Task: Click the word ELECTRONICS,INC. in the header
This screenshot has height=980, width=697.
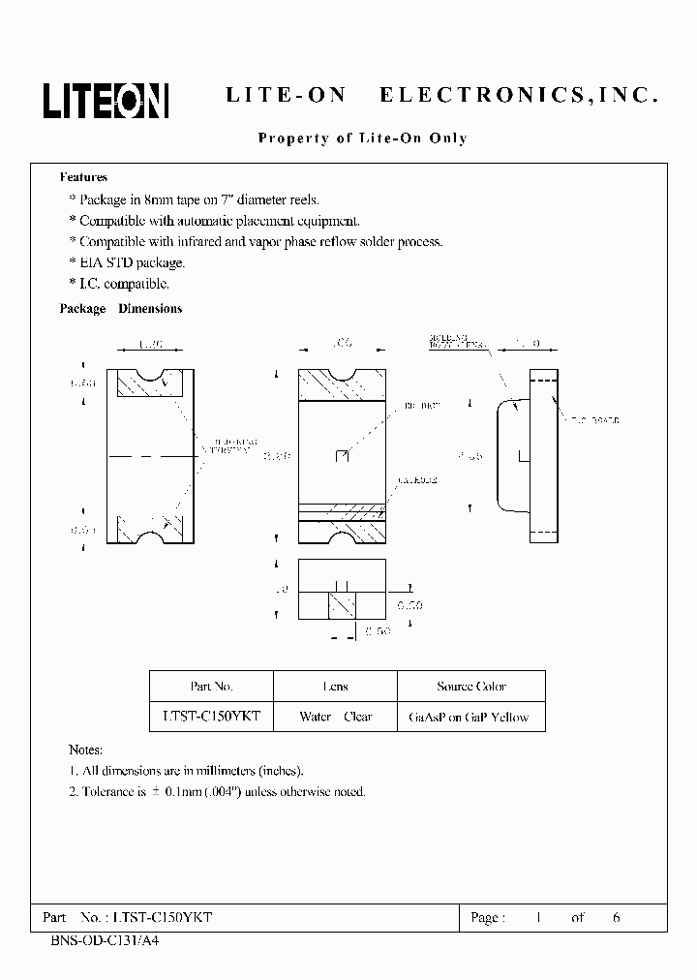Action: [519, 96]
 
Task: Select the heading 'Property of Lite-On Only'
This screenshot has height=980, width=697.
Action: [362, 138]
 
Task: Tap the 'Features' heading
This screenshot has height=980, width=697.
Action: [83, 177]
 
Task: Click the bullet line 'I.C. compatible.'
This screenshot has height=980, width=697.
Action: [122, 284]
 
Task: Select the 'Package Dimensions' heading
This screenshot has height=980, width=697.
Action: [121, 309]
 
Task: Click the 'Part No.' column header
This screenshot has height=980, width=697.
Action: [211, 687]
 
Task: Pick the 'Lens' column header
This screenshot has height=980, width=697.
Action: [336, 687]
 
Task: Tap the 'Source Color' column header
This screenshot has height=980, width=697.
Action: [471, 687]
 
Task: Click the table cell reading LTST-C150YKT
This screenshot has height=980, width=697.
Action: [211, 717]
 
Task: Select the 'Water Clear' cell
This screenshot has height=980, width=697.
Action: [336, 717]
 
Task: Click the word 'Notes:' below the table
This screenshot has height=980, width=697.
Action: [85, 750]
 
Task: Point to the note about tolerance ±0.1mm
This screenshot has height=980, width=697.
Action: [217, 791]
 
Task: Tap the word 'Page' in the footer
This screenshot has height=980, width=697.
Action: [486, 916]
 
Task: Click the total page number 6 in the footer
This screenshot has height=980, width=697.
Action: [616, 916]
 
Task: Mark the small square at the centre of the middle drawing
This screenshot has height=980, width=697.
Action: [340, 455]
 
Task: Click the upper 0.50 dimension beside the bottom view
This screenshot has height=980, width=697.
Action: [410, 605]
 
